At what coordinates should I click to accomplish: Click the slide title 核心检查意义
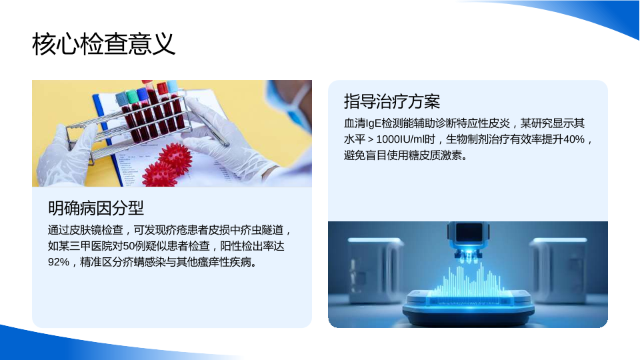104,44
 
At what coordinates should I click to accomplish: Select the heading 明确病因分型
96,208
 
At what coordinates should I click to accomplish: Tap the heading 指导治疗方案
392,101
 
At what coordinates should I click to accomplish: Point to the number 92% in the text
59,262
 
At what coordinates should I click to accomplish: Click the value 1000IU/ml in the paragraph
400,139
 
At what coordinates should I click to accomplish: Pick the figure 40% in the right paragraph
574,139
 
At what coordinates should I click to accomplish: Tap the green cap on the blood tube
133,97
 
